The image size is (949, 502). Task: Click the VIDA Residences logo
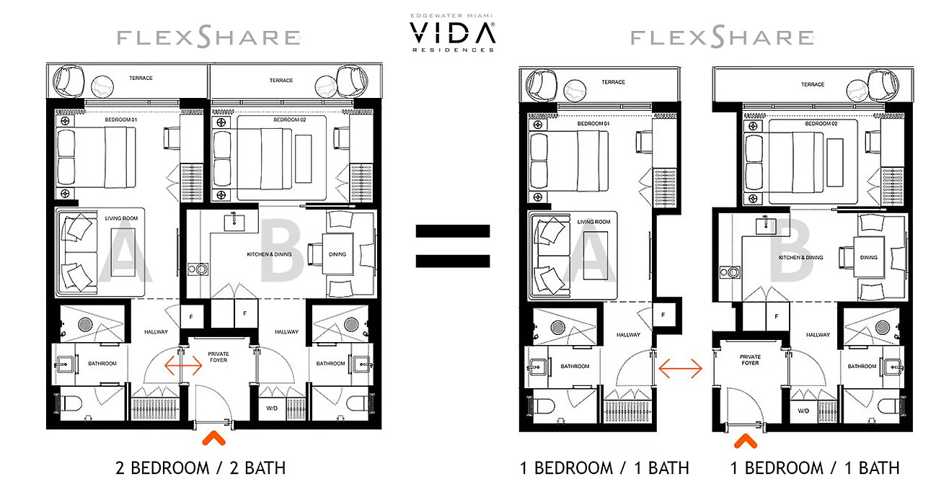tap(452, 32)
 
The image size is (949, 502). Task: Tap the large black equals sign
tap(452, 246)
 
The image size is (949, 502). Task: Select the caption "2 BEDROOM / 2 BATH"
tap(200, 468)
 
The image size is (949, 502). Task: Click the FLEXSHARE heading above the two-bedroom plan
tap(209, 37)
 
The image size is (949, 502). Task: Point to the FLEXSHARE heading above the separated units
tap(723, 37)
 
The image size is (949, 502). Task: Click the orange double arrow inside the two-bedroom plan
tap(183, 365)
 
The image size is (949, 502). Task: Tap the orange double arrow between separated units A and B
tap(680, 369)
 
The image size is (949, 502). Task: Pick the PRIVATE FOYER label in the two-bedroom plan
tap(218, 357)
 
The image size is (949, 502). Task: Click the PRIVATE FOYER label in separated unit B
tap(750, 360)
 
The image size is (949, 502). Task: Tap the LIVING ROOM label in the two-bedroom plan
tap(120, 218)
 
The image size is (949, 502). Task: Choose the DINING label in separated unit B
tap(868, 257)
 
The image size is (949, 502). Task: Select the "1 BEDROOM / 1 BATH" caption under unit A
tap(604, 468)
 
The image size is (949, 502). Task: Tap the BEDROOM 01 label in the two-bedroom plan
tap(120, 129)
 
